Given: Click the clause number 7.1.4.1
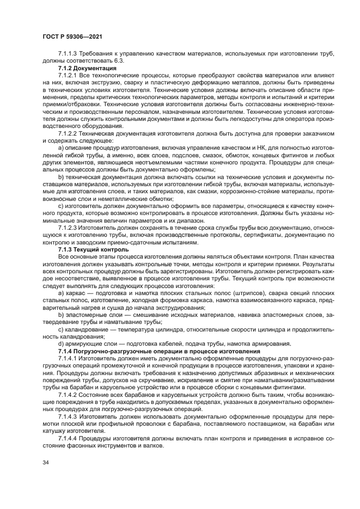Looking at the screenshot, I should [69, 359].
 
